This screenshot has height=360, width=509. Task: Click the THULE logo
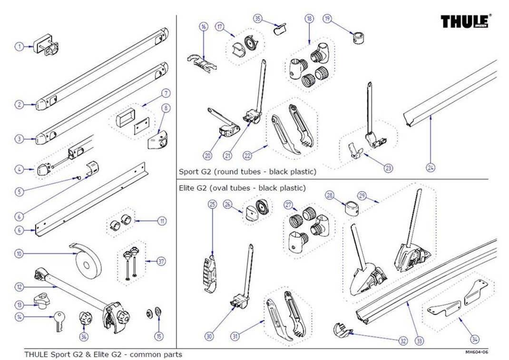[464, 21]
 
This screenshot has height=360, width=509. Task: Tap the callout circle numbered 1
[19, 47]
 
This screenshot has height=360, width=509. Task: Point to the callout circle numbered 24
[431, 167]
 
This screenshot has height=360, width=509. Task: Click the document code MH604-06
[477, 352]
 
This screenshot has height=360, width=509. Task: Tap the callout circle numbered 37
[161, 261]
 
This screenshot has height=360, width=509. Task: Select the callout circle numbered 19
[327, 19]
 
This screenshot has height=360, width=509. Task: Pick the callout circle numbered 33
[419, 340]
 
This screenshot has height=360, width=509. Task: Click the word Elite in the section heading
[187, 188]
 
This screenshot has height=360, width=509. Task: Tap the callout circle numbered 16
[204, 27]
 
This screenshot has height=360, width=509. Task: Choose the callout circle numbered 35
[258, 19]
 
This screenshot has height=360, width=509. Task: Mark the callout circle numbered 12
[19, 287]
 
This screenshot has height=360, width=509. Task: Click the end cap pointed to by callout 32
[343, 330]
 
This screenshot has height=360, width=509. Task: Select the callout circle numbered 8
[165, 108]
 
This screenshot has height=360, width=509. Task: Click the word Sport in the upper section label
[187, 171]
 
